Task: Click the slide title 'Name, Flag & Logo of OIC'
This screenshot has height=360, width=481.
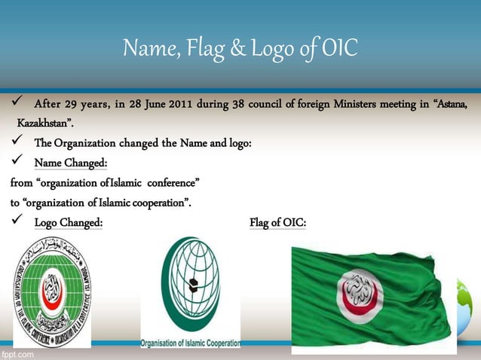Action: click(240, 49)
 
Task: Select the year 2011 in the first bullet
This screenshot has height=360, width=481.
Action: click(179, 104)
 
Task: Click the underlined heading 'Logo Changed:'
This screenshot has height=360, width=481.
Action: click(69, 222)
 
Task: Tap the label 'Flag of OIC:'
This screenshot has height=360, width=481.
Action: click(277, 222)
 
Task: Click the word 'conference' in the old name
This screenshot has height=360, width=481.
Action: click(171, 182)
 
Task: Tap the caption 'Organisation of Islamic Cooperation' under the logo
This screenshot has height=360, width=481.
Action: click(190, 343)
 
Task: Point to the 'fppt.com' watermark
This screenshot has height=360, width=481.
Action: click(17, 352)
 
